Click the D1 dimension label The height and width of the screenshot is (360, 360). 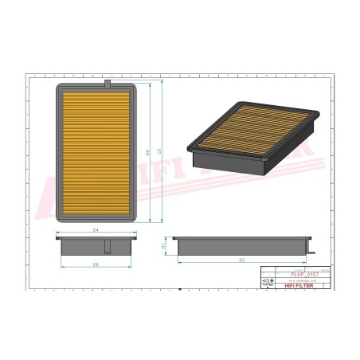click(160, 151)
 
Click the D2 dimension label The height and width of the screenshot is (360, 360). click(147, 151)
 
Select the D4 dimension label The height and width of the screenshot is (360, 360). click(96, 229)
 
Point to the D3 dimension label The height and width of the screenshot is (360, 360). click(241, 260)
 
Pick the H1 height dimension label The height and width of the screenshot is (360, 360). click(164, 246)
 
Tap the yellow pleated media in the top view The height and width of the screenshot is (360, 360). click(96, 151)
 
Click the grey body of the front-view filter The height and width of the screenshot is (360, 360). click(96, 246)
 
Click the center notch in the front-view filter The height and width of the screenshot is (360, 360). click(96, 237)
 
